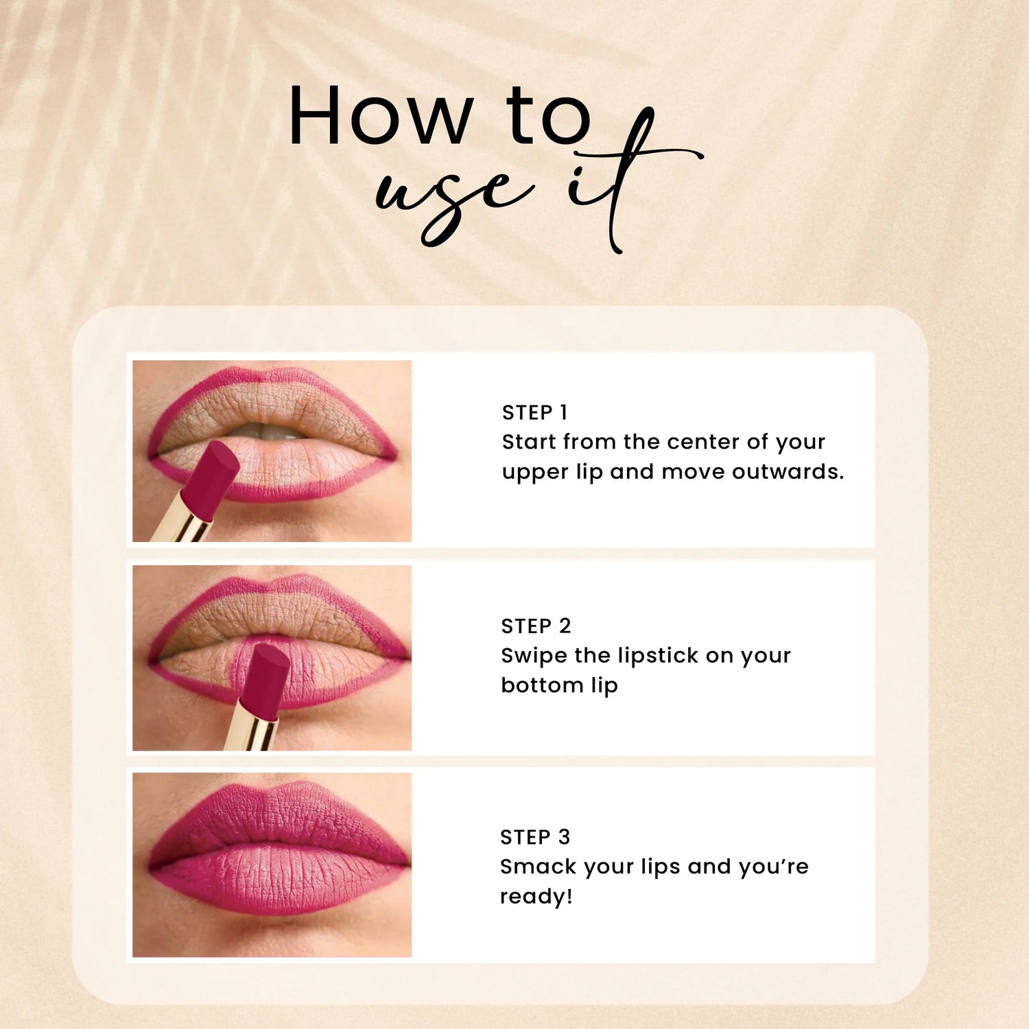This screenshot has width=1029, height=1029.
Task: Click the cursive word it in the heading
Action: pyautogui.click(x=617, y=178)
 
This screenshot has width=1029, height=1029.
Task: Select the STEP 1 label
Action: pyautogui.click(x=534, y=412)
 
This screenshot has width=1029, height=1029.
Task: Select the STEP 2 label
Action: pyautogui.click(x=536, y=626)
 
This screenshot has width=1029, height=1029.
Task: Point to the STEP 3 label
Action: pyautogui.click(x=535, y=837)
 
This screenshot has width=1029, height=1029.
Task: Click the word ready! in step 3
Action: pyautogui.click(x=536, y=897)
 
